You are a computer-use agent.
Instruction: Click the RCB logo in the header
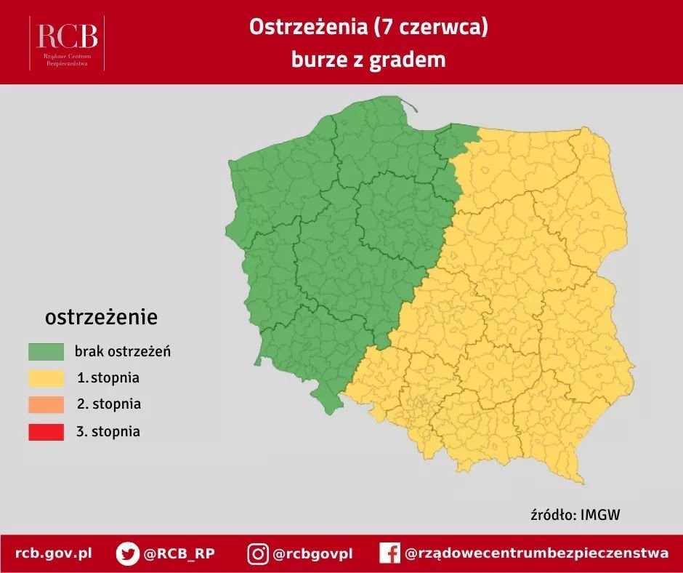(67, 42)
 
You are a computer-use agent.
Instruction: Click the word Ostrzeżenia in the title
(305, 27)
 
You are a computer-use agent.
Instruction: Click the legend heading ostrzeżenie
(101, 317)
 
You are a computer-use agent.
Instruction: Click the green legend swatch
(47, 352)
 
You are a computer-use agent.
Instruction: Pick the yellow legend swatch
(47, 378)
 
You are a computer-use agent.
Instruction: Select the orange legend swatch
(47, 404)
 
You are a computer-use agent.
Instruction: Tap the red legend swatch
(47, 431)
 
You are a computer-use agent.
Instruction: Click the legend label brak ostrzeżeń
(122, 352)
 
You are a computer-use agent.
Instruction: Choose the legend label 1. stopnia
(108, 378)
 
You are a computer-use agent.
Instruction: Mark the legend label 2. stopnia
(108, 404)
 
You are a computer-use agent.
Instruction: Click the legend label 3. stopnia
(108, 431)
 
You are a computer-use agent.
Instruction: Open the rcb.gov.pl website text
(54, 553)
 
